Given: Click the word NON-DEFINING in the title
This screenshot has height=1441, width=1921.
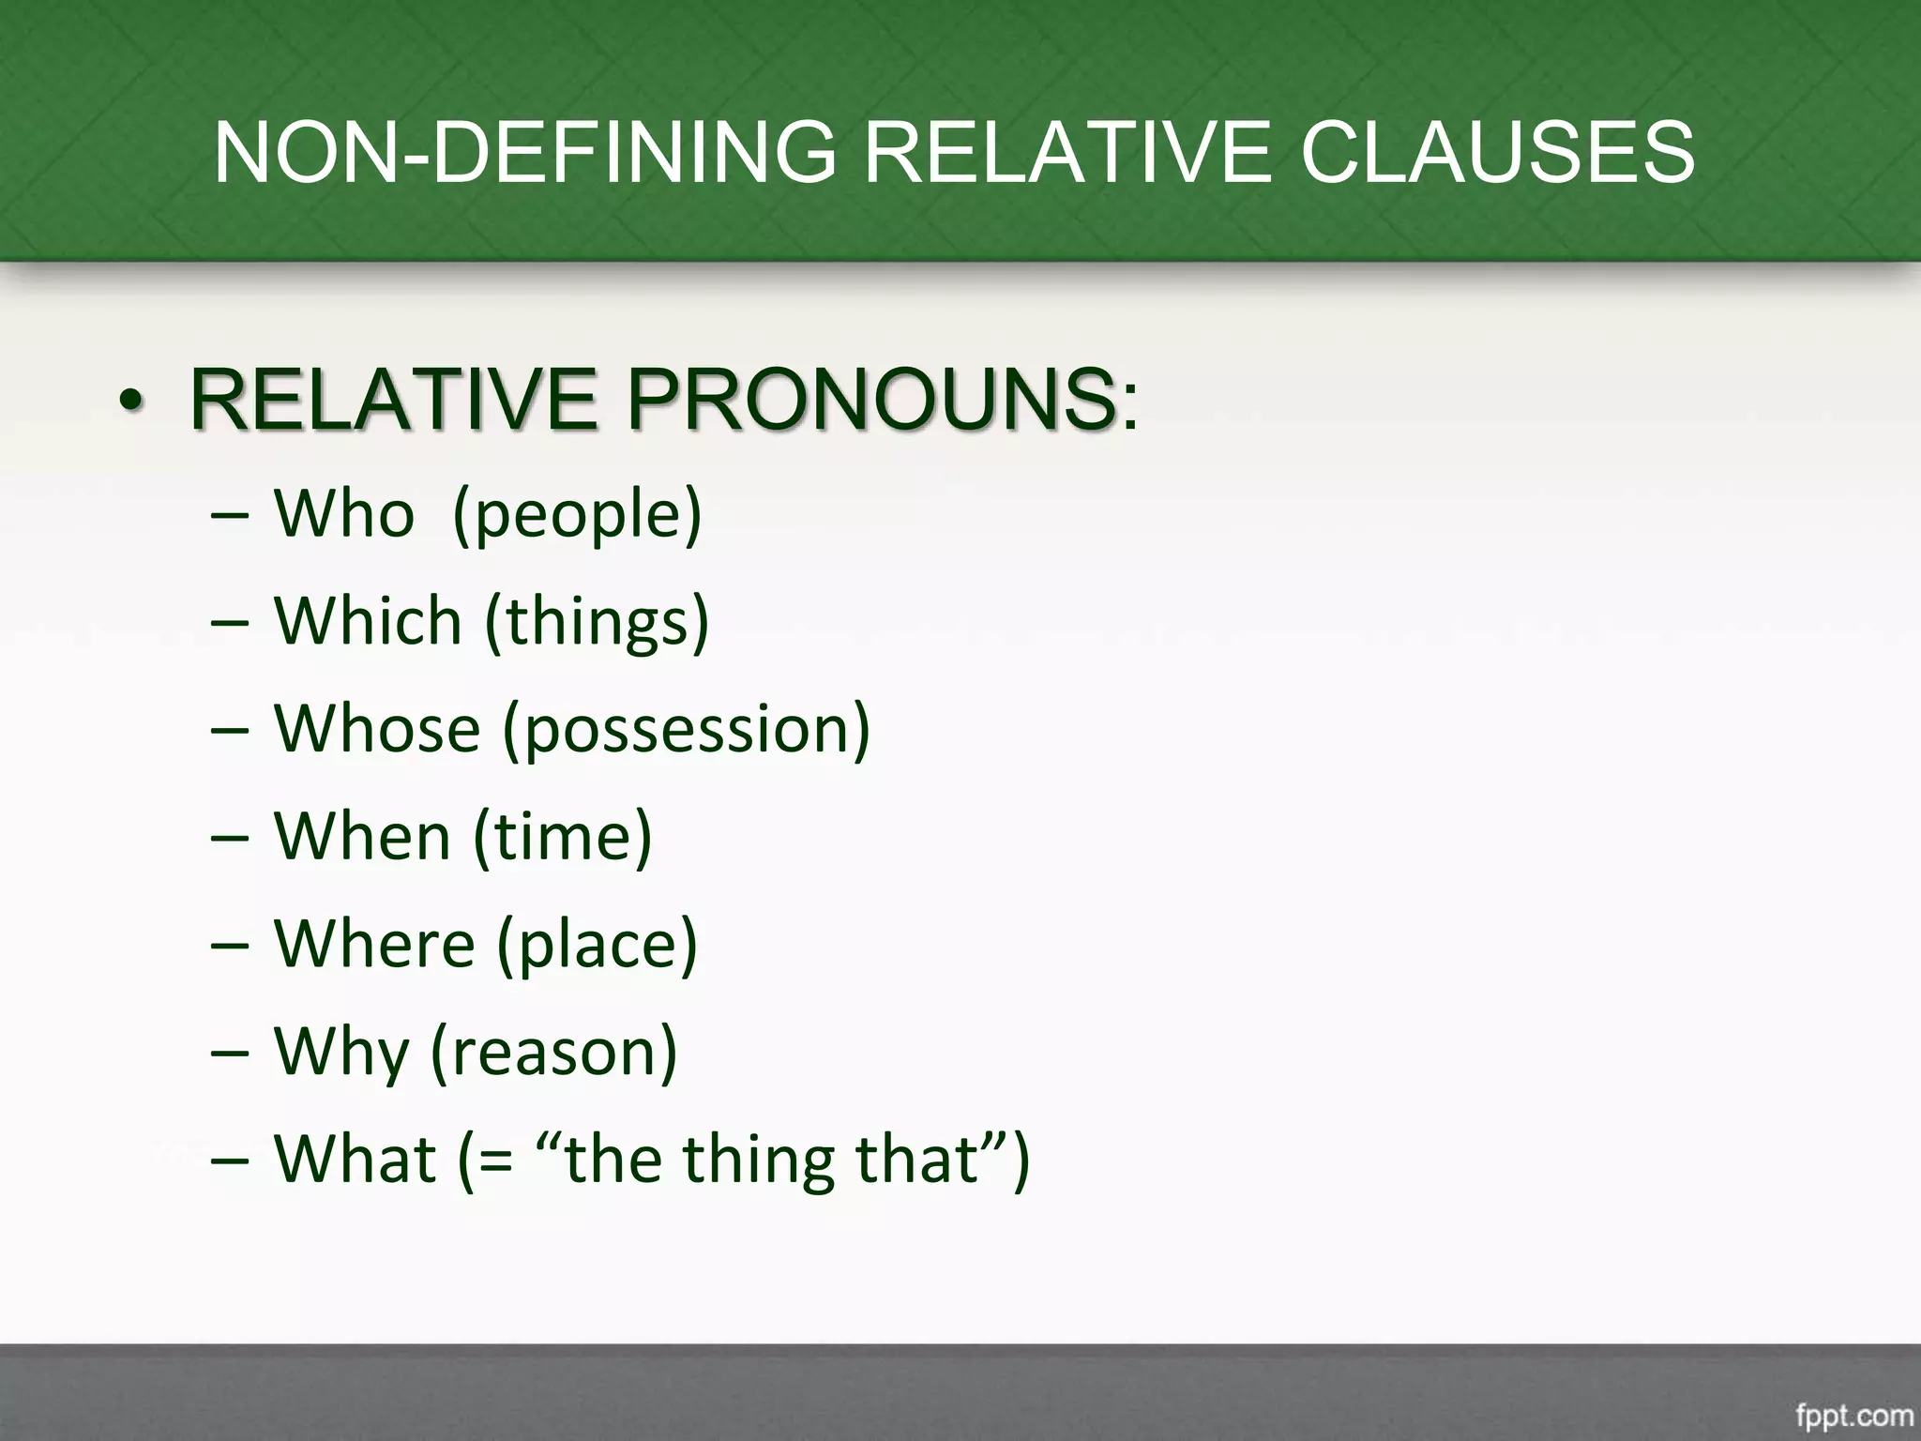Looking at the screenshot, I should click(524, 152).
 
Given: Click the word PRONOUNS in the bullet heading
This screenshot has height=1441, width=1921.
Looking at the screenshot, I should click(872, 400).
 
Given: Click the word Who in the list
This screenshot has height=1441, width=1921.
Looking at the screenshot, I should click(343, 514).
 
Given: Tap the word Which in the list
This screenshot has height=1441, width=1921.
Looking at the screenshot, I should click(368, 621).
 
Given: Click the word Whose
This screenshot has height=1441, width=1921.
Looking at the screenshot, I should click(377, 729).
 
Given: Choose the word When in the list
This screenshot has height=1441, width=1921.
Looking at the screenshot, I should click(362, 836).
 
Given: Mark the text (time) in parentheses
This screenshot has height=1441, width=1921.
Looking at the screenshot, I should click(562, 836).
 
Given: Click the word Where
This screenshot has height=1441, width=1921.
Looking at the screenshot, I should click(374, 943).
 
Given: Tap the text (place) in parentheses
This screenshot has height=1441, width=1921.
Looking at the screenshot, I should click(597, 945).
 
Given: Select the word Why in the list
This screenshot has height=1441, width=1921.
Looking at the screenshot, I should click(341, 1052).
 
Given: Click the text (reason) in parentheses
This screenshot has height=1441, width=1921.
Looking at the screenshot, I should click(553, 1052).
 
